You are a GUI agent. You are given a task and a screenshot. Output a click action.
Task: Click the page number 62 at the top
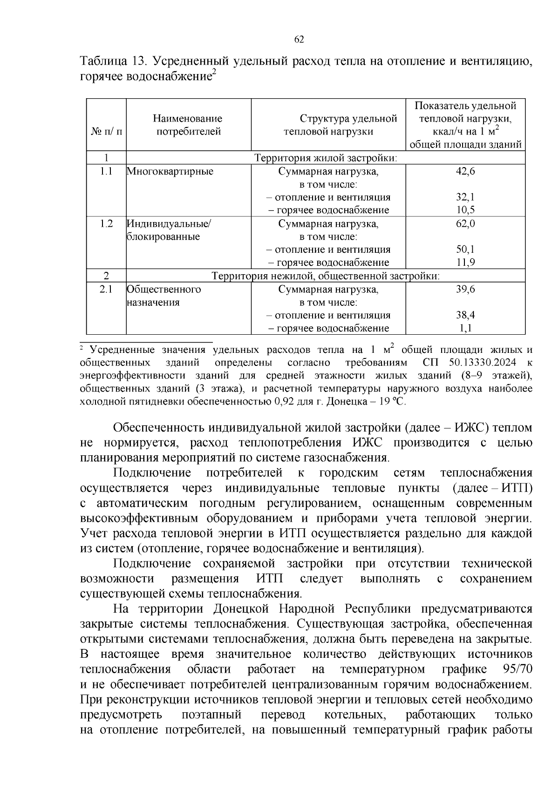point(299,40)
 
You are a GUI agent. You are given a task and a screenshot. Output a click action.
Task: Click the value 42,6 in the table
point(465,171)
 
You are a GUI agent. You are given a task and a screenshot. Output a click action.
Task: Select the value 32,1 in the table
point(465,197)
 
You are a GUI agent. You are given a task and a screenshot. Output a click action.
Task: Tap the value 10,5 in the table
point(465,210)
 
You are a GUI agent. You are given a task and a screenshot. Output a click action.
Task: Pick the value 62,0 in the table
point(465,223)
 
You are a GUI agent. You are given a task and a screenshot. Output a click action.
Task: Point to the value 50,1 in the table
point(465,250)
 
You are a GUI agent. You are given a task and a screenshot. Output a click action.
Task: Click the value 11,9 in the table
point(465,263)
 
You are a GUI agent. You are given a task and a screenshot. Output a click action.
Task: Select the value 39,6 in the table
point(465,289)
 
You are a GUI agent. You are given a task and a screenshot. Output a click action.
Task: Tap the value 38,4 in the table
point(465,315)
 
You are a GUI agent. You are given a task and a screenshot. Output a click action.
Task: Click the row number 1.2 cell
point(106,223)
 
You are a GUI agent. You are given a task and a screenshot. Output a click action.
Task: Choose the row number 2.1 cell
point(106,289)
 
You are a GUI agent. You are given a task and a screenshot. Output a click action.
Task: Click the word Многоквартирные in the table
point(170,171)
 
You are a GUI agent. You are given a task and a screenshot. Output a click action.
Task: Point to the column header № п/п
point(106,132)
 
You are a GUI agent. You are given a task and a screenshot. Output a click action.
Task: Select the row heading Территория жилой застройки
point(326,158)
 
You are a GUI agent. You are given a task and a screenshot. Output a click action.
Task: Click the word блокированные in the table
point(164,236)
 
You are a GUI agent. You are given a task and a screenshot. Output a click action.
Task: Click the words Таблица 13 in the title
point(113,61)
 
